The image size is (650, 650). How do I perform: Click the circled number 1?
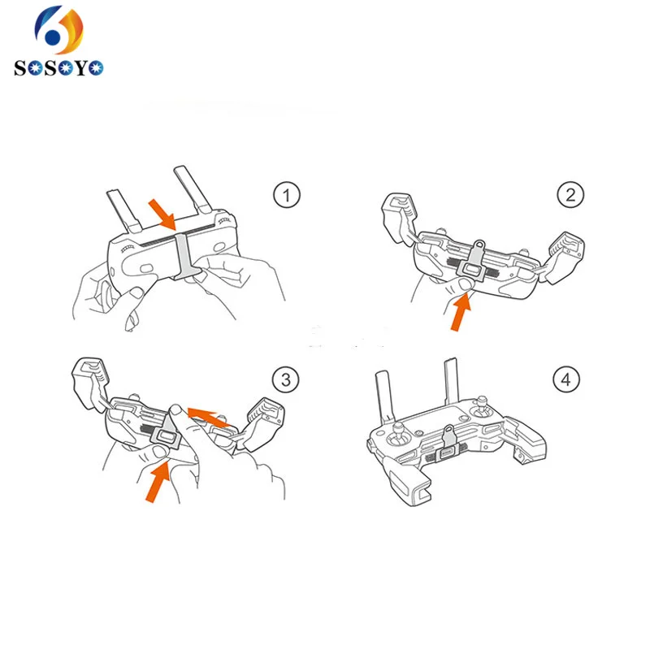point(287,195)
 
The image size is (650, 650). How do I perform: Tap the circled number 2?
point(570,195)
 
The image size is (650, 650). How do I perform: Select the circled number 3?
point(286,379)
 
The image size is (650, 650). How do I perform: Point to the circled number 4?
point(566,379)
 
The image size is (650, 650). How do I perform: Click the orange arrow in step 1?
point(162,214)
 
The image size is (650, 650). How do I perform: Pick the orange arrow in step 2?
point(461,311)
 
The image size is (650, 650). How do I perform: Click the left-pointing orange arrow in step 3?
point(209,417)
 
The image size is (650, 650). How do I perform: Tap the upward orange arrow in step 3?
point(158,482)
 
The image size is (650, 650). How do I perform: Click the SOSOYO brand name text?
point(58,67)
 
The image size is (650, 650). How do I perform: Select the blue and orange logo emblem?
point(58,30)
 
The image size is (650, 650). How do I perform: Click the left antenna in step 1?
point(124,211)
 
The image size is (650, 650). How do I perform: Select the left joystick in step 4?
point(399,435)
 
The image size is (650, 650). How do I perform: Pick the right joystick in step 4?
point(483,409)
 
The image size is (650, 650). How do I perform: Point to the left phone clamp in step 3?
point(90,383)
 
